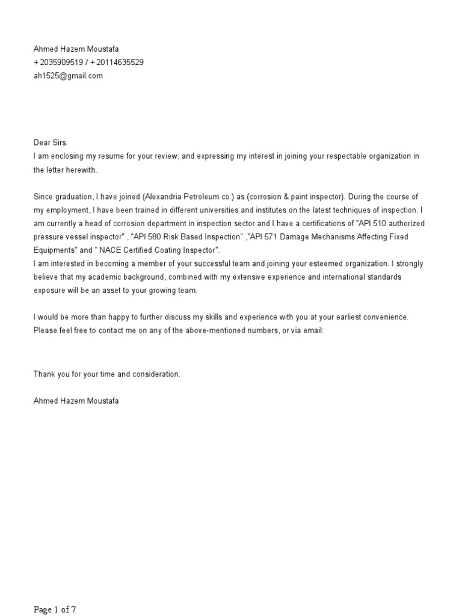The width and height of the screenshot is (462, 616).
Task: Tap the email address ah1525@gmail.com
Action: coord(68,76)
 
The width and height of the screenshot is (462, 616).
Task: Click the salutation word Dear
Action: coord(42,143)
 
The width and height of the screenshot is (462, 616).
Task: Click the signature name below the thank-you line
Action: coord(76,401)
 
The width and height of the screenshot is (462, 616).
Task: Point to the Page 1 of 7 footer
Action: coord(55,610)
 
